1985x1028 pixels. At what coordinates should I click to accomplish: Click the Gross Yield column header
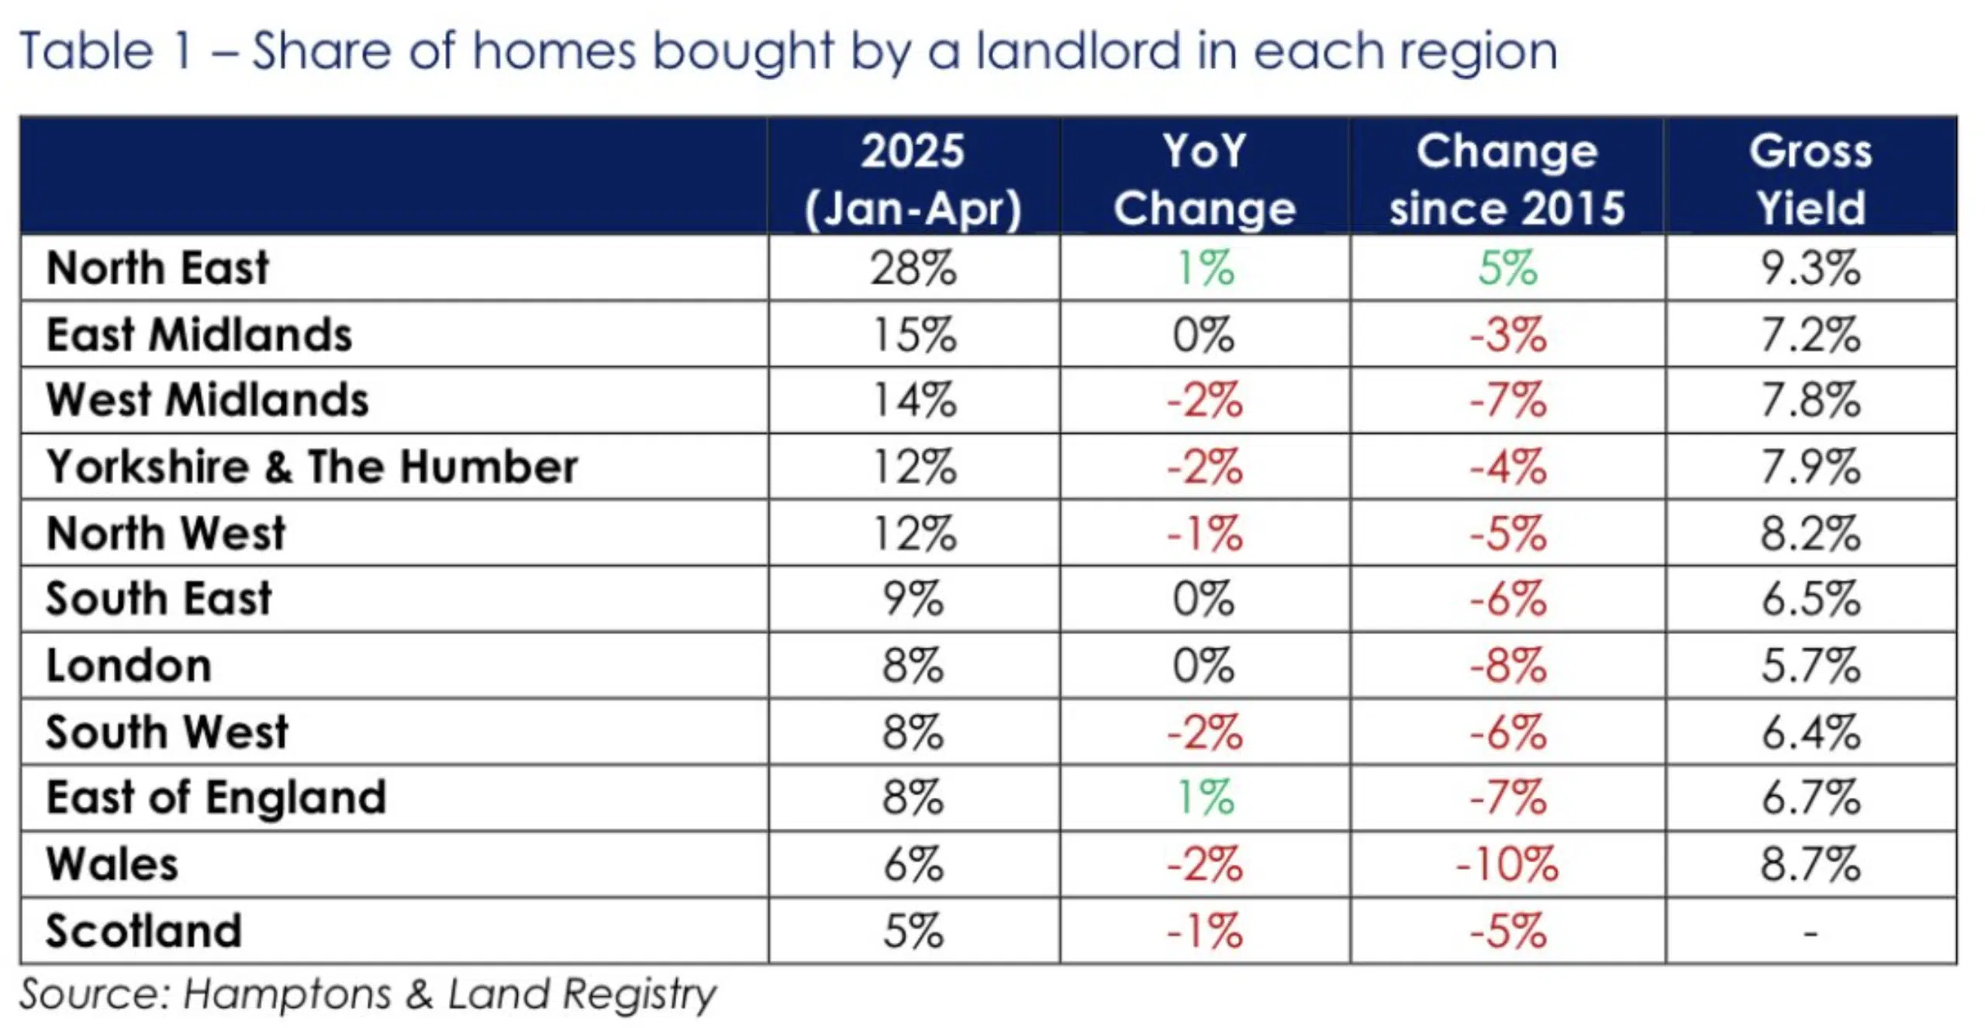click(1810, 179)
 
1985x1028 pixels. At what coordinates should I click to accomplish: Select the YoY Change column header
click(1204, 179)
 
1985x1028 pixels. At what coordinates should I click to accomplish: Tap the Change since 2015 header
click(1507, 179)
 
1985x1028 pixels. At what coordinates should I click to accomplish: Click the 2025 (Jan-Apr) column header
click(913, 179)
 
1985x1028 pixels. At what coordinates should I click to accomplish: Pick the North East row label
click(157, 268)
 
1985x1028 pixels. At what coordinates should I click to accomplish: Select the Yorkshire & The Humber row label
click(312, 467)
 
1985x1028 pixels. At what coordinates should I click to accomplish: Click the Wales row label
click(112, 864)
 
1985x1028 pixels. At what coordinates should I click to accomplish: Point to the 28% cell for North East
click(913, 268)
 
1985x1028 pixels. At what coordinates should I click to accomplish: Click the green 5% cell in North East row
click(1507, 268)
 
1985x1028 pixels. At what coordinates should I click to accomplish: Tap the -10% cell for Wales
click(1507, 864)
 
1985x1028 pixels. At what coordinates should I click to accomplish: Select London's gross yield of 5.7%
click(1810, 666)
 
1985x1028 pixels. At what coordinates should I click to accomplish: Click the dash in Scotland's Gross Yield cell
click(1810, 932)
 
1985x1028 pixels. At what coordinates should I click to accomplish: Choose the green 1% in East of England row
click(1204, 799)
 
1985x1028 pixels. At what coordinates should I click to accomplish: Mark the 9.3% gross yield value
click(1810, 268)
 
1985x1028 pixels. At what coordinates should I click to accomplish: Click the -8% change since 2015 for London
click(1507, 666)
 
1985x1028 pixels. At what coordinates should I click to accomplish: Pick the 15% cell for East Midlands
click(913, 335)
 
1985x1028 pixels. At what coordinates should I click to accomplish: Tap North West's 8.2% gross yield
click(1810, 533)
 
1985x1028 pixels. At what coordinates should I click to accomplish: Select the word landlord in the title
click(1079, 51)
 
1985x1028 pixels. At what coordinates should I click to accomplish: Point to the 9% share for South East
click(913, 599)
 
